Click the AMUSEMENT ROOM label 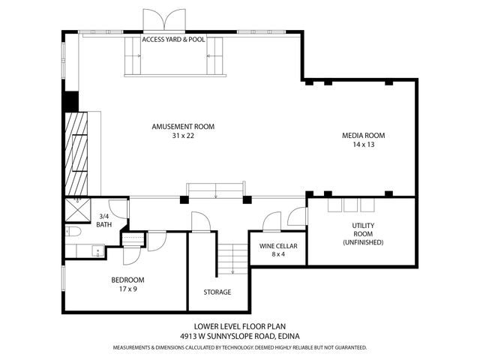coord(183,127)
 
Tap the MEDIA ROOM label coord(363,136)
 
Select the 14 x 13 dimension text coord(363,145)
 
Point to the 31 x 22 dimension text coord(183,136)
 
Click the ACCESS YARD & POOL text coord(173,39)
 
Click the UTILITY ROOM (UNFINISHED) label coord(363,233)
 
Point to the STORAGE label coord(217,292)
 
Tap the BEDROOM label coord(127,280)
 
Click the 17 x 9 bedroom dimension coord(127,289)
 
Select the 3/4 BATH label coord(105,220)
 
